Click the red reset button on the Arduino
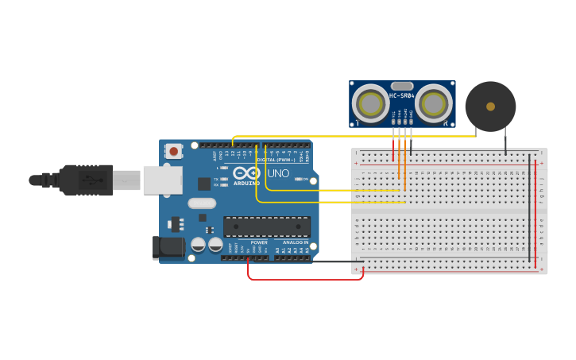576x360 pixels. point(173,150)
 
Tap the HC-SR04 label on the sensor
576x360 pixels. point(402,96)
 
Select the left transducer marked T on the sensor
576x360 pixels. point(370,103)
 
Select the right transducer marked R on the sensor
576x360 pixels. point(434,103)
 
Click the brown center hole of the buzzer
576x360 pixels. point(490,106)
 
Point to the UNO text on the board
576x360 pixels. point(278,173)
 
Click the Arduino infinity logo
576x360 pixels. point(247,173)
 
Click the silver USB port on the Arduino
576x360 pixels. point(162,180)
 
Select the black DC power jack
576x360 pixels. point(168,246)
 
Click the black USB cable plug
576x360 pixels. point(87,180)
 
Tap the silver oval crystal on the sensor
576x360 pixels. point(402,86)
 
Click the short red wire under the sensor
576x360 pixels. point(392,149)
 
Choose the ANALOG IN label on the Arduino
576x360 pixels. point(296,242)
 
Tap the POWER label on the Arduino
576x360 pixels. point(259,242)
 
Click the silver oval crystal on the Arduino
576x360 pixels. point(202,203)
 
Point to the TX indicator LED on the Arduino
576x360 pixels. point(225,179)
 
